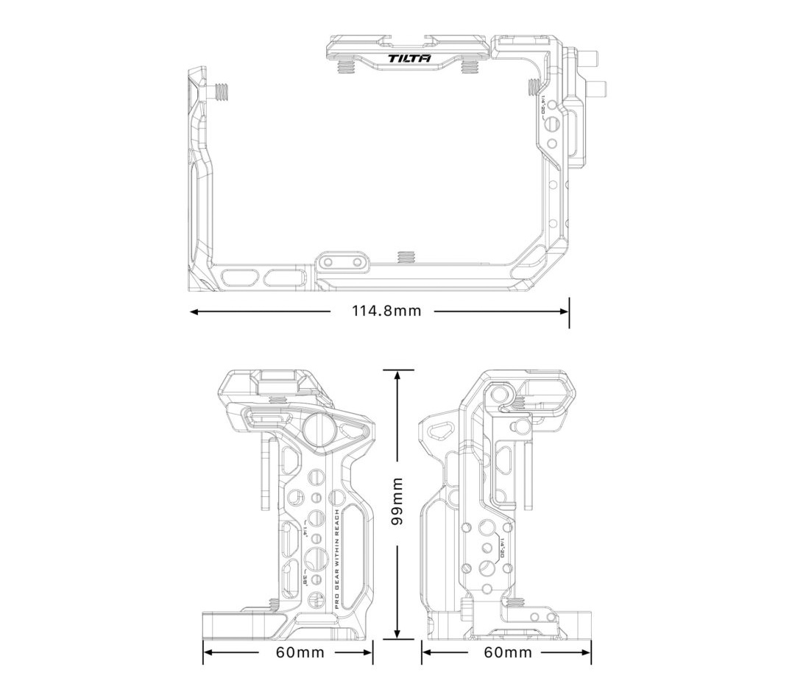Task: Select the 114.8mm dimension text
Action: (386, 311)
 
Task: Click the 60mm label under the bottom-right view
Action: (507, 652)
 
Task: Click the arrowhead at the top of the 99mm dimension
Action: (397, 375)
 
